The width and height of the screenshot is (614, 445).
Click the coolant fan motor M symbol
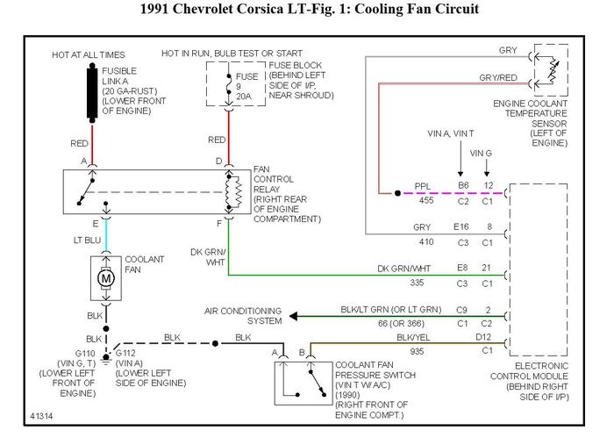pos(106,278)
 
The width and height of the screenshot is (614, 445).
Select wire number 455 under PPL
pos(426,200)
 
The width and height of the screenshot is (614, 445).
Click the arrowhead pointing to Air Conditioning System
pos(296,316)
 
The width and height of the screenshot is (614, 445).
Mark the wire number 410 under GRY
pos(425,241)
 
